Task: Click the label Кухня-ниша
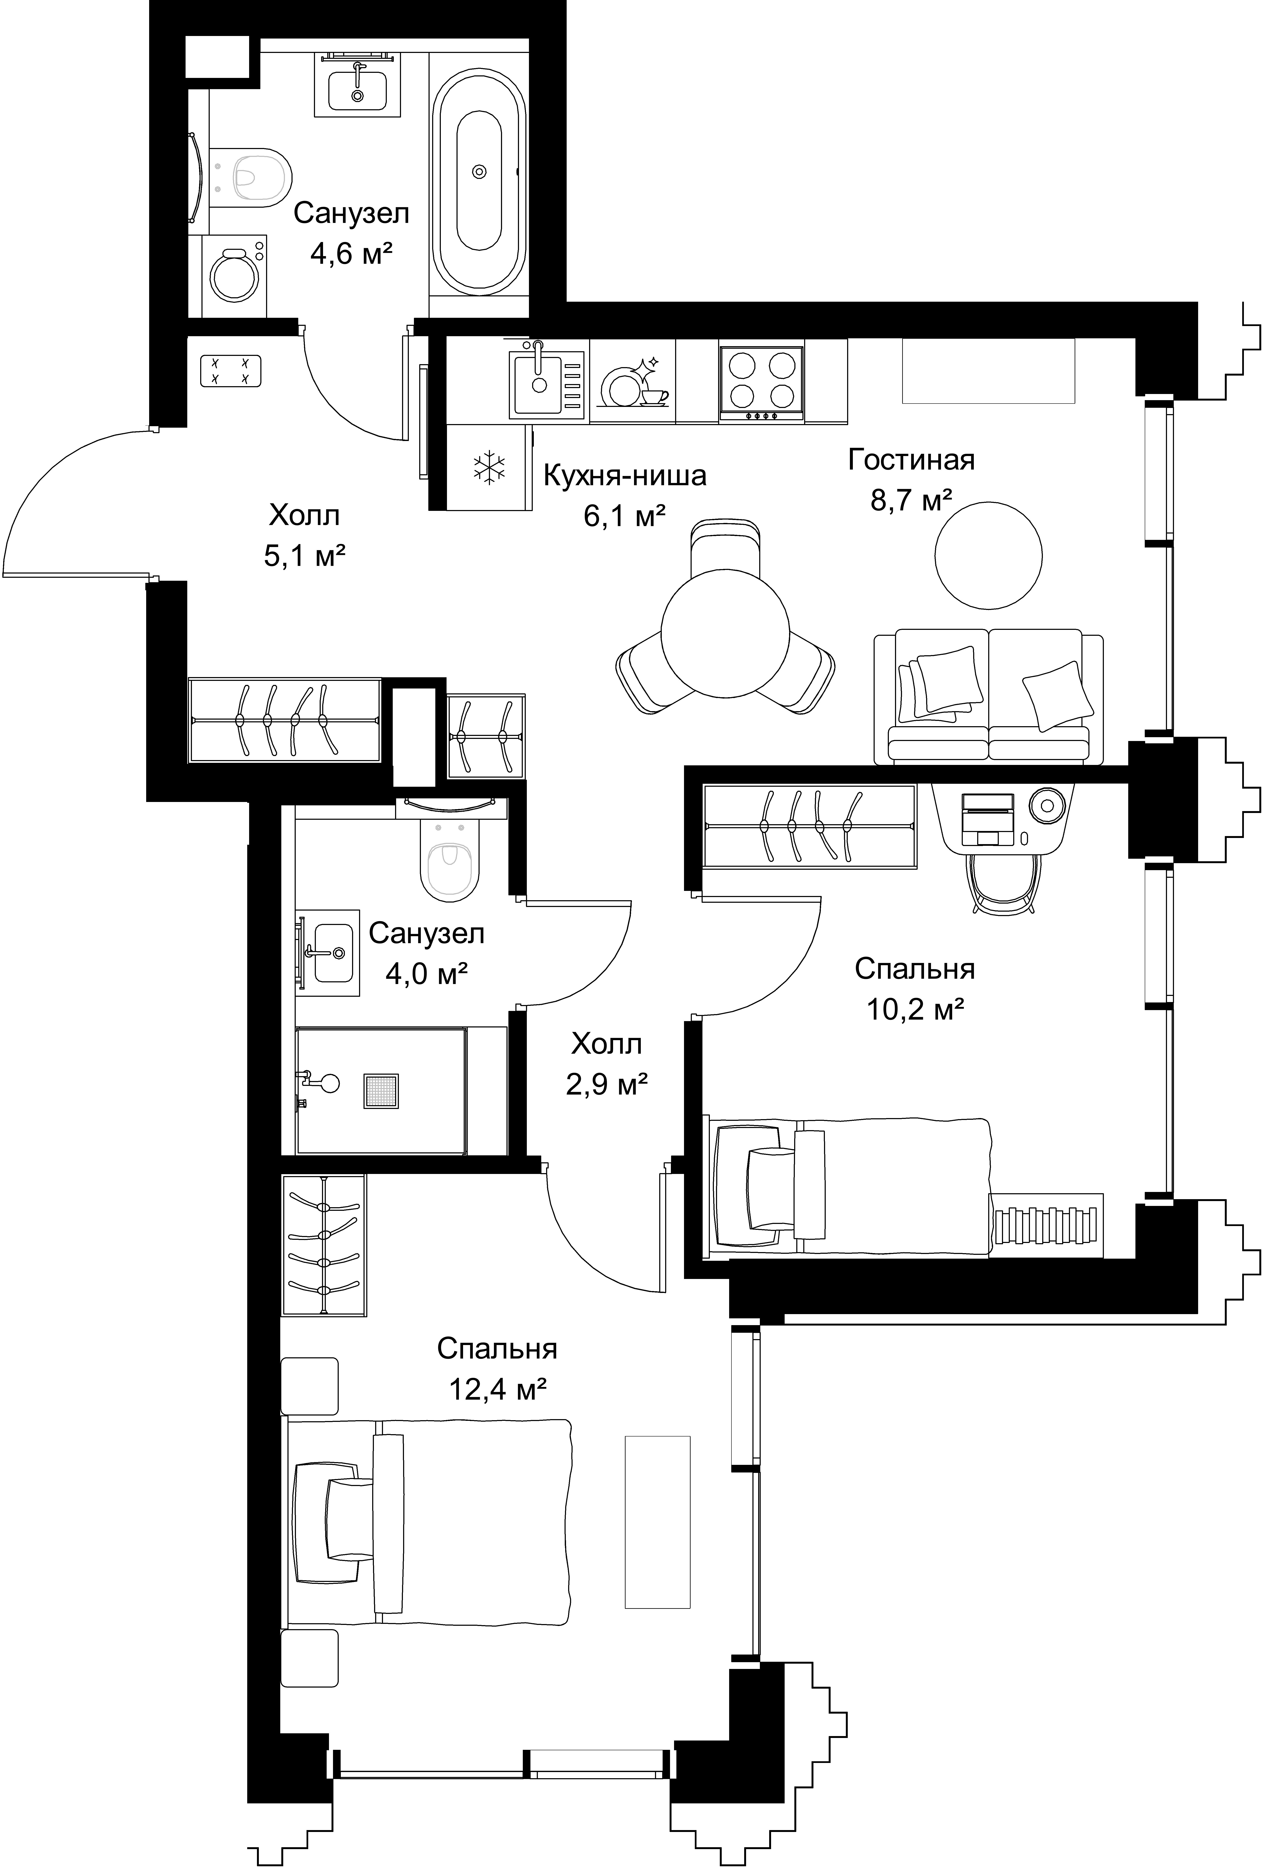625,476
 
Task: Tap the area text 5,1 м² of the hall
305,555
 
